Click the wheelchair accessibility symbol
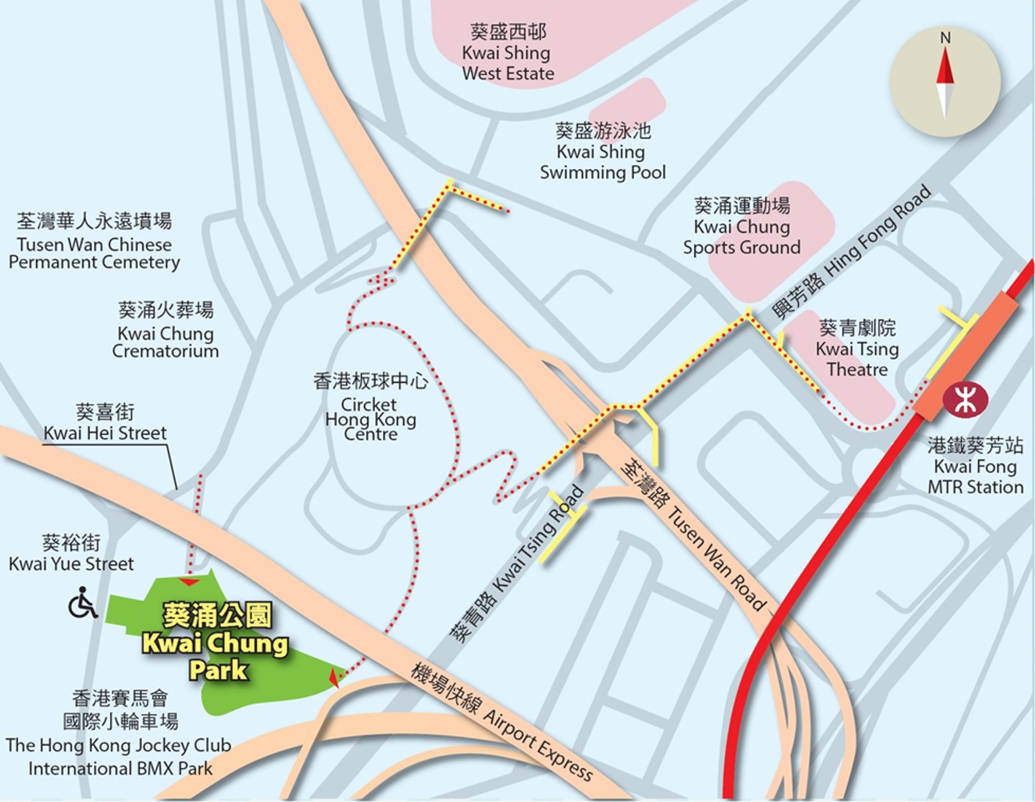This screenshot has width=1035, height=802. [83, 603]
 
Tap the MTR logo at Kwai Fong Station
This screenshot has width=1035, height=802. [965, 400]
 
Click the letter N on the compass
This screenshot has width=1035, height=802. [945, 38]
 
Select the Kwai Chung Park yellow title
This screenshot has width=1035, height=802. [216, 642]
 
